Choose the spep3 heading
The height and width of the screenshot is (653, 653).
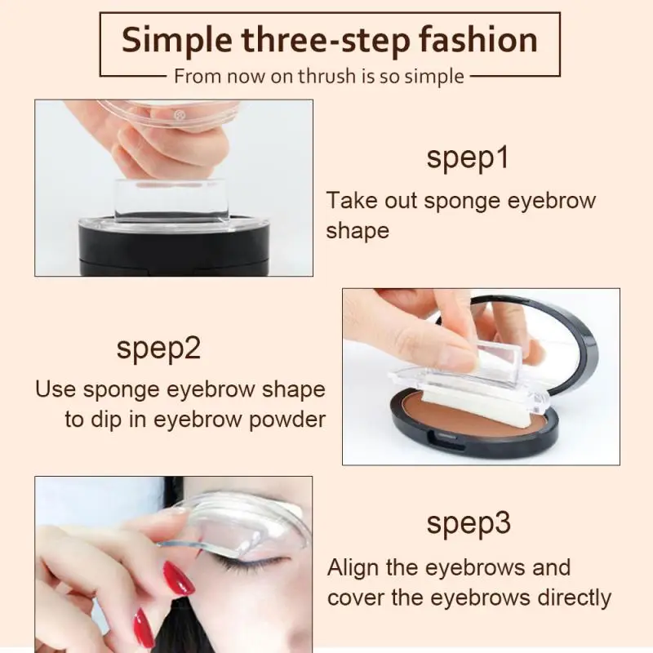click(468, 525)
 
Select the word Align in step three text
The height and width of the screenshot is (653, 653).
click(356, 567)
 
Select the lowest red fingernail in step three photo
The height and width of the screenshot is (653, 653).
click(144, 630)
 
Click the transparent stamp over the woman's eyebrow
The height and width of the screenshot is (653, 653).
click(245, 522)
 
